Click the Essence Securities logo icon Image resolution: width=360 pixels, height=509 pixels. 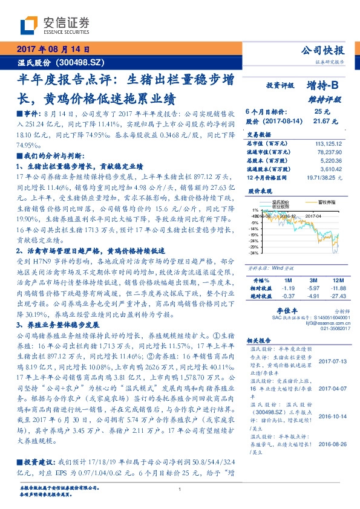click(x=28, y=25)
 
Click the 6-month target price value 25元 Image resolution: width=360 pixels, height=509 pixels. click(x=321, y=112)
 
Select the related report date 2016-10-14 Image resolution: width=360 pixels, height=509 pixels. click(x=332, y=416)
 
